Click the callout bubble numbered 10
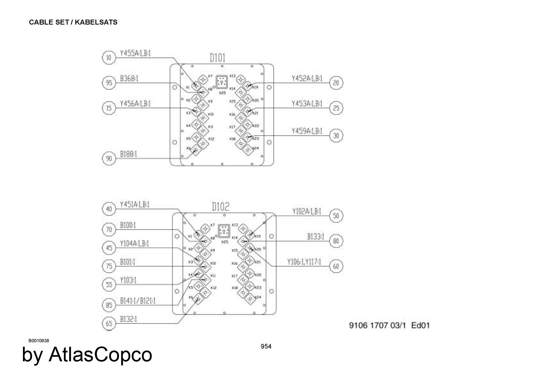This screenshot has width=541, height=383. tap(109, 58)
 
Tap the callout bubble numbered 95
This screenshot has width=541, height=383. tap(109, 83)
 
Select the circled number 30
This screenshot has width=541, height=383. tap(336, 135)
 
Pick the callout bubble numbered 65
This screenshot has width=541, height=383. tap(109, 323)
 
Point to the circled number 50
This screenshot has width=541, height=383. tap(336, 216)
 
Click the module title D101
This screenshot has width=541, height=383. tap(217, 58)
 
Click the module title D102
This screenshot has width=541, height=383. tap(220, 207)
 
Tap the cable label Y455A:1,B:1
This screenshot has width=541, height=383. tap(135, 53)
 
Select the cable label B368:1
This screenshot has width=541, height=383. tap(129, 78)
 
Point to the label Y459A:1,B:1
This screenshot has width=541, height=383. tap(307, 131)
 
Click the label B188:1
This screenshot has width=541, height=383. tap(128, 154)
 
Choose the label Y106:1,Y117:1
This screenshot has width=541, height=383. tap(304, 262)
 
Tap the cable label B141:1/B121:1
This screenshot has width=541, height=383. tap(138, 301)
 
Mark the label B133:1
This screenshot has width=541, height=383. tap(315, 237)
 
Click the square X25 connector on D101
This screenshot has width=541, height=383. tap(222, 82)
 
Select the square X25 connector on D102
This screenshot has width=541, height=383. tap(224, 231)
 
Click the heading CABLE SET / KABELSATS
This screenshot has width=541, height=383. tap(73, 22)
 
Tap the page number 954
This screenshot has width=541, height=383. tap(266, 346)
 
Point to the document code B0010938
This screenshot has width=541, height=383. tap(39, 341)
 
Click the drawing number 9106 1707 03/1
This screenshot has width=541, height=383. tap(378, 325)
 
